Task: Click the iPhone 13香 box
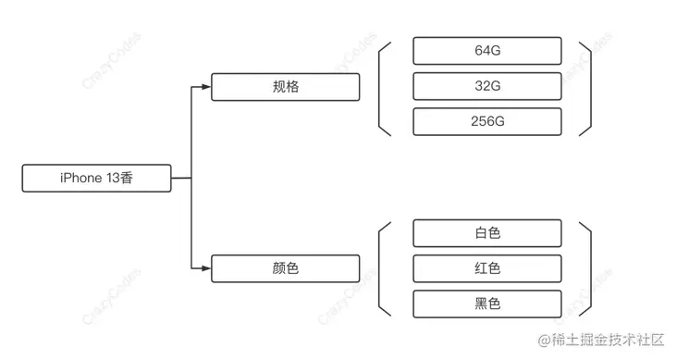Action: [97, 178]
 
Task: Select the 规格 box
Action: [286, 87]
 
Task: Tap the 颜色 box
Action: [286, 268]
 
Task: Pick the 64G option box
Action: [487, 51]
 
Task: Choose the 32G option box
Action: [487, 86]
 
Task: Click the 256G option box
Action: [487, 121]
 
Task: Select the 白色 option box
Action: [487, 233]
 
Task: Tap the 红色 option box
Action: [487, 268]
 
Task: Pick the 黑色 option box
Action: [487, 304]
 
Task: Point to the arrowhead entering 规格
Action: [206, 87]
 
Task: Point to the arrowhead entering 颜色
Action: [206, 268]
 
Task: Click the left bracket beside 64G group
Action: [379, 89]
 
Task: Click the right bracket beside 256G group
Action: [591, 89]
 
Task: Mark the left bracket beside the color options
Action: [379, 268]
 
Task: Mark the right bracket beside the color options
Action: [591, 268]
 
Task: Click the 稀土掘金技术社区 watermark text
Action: [608, 340]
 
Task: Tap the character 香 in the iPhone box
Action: [126, 178]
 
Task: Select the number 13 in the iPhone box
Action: [112, 178]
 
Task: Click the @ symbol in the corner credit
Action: [545, 341]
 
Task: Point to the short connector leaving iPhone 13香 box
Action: [181, 178]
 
